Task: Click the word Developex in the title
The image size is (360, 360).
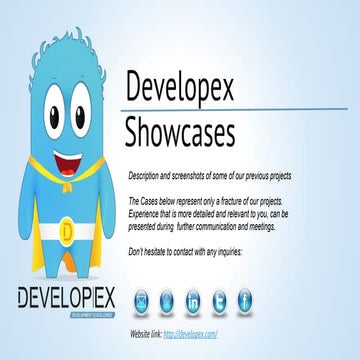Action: (180, 88)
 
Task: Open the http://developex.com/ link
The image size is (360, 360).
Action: (190, 332)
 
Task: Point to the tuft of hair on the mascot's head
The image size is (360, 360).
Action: (62, 40)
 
